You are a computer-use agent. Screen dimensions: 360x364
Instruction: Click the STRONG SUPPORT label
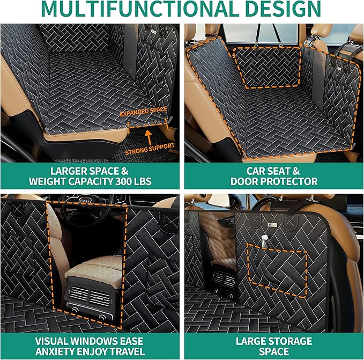(x=150, y=146)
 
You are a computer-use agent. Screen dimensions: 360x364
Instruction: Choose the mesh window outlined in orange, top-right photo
(x=266, y=67)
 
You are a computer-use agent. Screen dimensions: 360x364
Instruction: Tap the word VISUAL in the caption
(x=54, y=341)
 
